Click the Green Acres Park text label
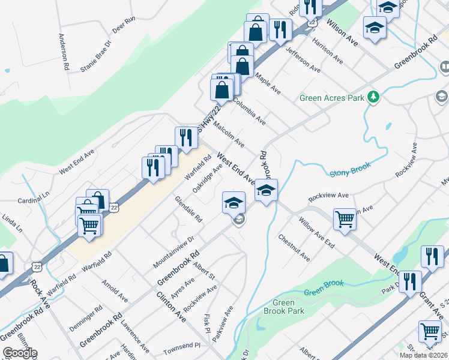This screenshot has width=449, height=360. (x=332, y=98)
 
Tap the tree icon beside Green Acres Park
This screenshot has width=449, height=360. (x=373, y=97)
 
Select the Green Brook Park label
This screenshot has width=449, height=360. (x=284, y=307)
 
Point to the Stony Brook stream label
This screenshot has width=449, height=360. (x=350, y=172)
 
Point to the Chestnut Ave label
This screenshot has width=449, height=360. (x=294, y=247)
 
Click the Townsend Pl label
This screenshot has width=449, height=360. (x=181, y=347)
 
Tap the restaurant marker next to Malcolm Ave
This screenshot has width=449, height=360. (x=186, y=137)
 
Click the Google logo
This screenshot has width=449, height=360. (x=20, y=353)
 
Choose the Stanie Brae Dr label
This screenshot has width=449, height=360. (x=96, y=56)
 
